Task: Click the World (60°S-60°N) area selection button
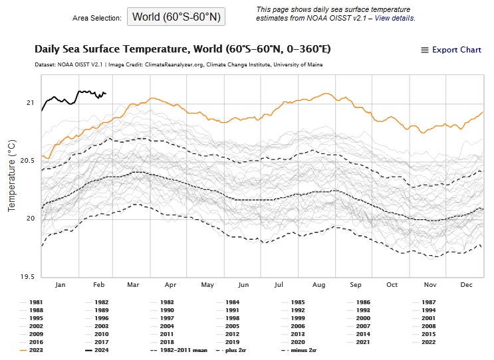click(x=176, y=17)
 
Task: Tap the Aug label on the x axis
click(x=319, y=285)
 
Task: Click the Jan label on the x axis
click(x=60, y=285)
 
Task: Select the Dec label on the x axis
click(x=465, y=285)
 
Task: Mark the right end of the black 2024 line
click(x=106, y=93)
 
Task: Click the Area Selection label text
click(x=97, y=17)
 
